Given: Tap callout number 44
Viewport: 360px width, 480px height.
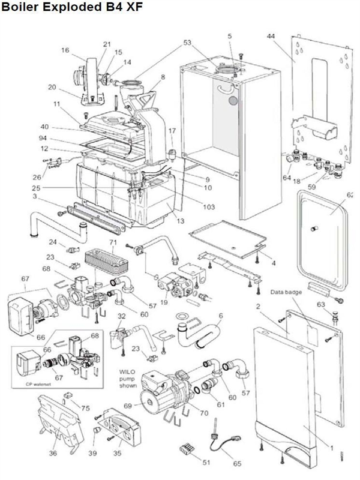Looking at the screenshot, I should tap(271, 37).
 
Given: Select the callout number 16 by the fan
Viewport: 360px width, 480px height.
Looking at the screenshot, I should tap(65, 50).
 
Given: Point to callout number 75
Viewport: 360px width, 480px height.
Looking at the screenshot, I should tap(86, 409).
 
